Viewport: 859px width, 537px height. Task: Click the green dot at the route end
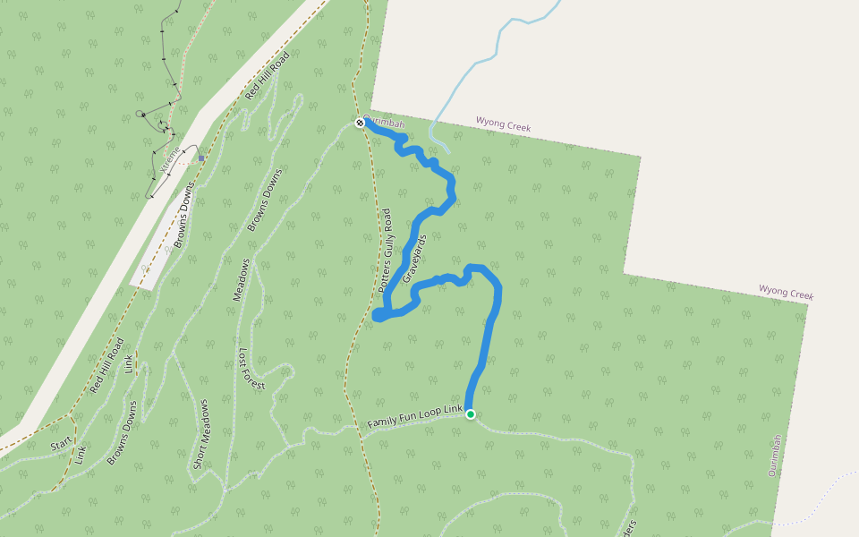(470, 414)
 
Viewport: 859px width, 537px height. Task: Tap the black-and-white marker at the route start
(360, 123)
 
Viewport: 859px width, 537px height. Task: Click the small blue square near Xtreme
(201, 158)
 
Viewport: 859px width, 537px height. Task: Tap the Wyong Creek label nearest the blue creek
(503, 126)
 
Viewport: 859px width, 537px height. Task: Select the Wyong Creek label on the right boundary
(786, 293)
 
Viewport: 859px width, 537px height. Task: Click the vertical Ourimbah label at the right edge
(775, 456)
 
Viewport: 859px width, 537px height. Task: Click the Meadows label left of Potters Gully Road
(242, 279)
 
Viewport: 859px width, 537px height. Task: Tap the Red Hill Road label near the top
(268, 75)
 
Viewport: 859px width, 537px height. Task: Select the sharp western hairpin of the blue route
(377, 316)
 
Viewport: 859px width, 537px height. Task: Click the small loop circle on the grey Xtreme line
(140, 115)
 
